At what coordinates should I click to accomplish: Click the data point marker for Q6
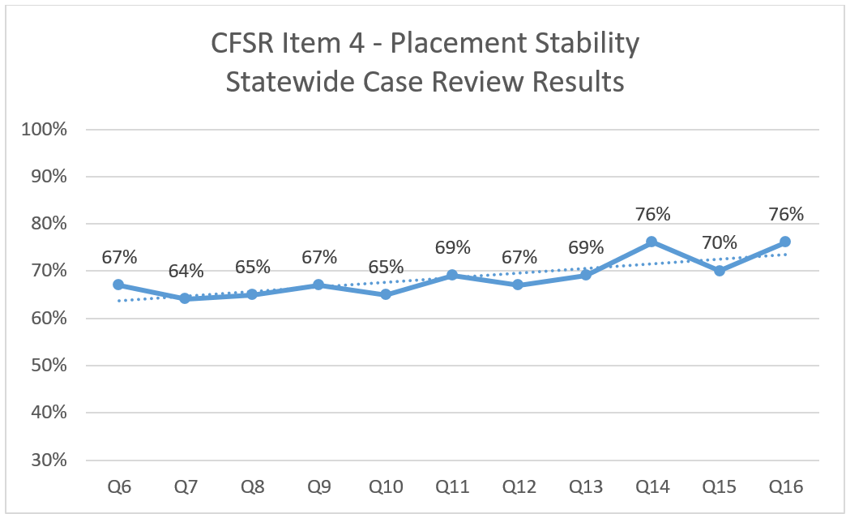[x=118, y=285]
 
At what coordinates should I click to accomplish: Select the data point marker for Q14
[x=652, y=242]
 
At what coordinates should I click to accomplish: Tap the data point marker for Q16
[x=784, y=242]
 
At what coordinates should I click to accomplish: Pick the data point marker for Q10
[x=386, y=294]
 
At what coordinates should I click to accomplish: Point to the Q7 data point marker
[x=185, y=298]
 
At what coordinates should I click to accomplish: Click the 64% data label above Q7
[x=186, y=271]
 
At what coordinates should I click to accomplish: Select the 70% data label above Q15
[x=720, y=242]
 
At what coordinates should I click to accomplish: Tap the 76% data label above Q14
[x=652, y=214]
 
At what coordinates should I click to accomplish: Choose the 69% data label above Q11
[x=453, y=247]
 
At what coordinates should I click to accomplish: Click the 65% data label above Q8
[x=253, y=267]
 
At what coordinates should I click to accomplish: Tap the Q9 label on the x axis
[x=318, y=486]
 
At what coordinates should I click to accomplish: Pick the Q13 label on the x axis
[x=586, y=486]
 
